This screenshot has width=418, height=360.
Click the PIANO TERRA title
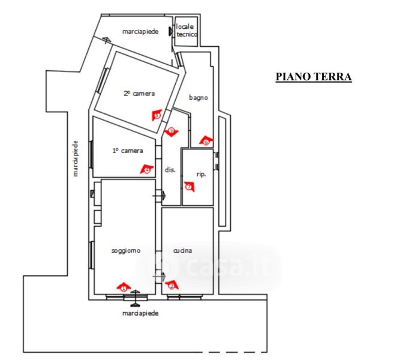(x=313, y=77)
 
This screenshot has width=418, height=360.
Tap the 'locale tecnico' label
(x=187, y=31)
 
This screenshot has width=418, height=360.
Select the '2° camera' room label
(x=139, y=94)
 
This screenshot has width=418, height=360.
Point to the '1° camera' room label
(x=128, y=151)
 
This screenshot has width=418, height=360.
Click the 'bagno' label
(x=198, y=97)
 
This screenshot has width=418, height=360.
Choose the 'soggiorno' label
(x=126, y=251)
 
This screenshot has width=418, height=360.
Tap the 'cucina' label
(x=183, y=251)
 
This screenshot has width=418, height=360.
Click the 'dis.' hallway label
(x=170, y=170)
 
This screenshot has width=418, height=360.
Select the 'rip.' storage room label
(x=202, y=175)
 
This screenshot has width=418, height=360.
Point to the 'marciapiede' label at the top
(x=140, y=31)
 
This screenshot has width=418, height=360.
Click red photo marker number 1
(x=123, y=287)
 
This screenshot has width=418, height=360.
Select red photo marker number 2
(x=172, y=286)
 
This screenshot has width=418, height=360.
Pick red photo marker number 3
(x=171, y=131)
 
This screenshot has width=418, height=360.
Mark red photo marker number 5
(x=157, y=115)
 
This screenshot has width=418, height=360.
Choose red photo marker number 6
(x=206, y=141)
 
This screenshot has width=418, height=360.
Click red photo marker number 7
(x=190, y=187)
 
